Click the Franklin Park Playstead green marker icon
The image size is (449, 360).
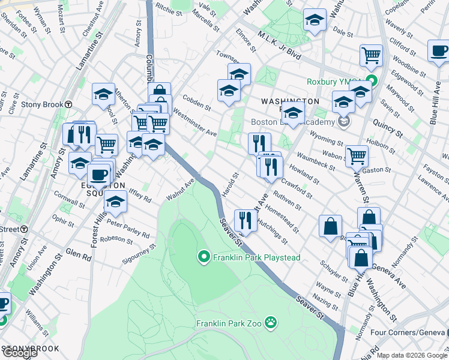pos(203,258)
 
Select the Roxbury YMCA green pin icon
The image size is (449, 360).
pos(372,81)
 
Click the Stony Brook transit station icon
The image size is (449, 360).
pos(69,104)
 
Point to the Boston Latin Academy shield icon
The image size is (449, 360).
pos(344,122)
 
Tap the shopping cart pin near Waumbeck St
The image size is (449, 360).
pos(357,155)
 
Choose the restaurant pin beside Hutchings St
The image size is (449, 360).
pos(244,220)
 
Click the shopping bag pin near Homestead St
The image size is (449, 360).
pos(330,226)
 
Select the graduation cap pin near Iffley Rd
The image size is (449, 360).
pos(115,202)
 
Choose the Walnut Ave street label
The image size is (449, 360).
pos(181,189)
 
